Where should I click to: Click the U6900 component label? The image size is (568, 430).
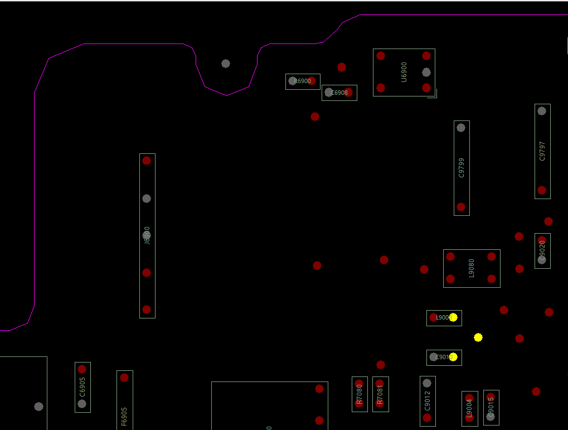tap(404, 72)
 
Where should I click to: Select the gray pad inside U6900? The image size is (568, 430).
tap(426, 72)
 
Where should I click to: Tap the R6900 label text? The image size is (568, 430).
tap(303, 81)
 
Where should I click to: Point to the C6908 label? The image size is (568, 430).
tap(339, 93)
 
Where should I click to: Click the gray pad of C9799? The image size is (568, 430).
tap(461, 128)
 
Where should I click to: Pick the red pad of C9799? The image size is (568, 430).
tap(461, 207)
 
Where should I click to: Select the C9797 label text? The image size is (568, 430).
tap(542, 151)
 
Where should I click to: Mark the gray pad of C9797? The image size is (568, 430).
tap(542, 111)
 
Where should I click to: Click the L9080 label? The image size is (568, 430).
tap(472, 268)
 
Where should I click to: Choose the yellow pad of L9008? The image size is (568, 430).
tap(453, 317)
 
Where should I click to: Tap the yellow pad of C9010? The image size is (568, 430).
tap(453, 357)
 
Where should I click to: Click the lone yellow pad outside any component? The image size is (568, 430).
tap(478, 337)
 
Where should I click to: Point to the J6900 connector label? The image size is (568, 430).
tap(147, 235)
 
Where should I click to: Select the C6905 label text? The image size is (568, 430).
tap(82, 387)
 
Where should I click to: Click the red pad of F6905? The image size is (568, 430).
tap(124, 378)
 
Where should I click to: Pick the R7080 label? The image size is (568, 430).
tap(360, 394)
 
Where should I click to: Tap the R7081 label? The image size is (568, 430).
tap(380, 394)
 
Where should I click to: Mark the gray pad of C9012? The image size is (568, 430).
tap(427, 383)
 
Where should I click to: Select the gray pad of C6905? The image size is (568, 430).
tap(82, 404)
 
